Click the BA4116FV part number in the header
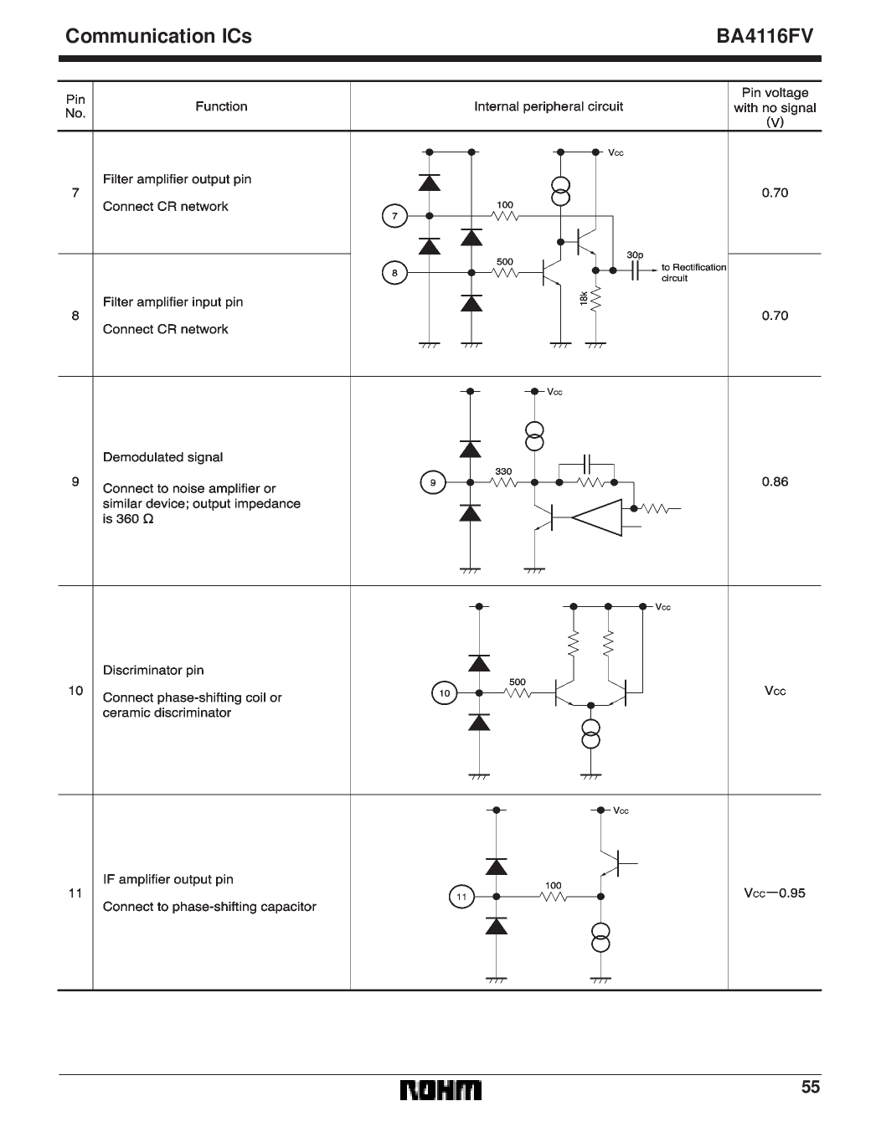click(x=765, y=37)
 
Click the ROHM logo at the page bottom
click(x=440, y=1090)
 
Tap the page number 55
click(x=810, y=1087)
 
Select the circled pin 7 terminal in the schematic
click(x=394, y=216)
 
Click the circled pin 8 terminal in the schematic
click(x=394, y=272)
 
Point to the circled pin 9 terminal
click(x=432, y=482)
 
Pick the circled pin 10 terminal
click(x=445, y=692)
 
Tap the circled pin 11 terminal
click(x=461, y=897)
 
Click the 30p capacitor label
click(x=634, y=255)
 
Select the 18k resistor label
click(x=584, y=299)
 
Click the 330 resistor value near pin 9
click(x=503, y=471)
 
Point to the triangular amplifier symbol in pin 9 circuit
click(x=598, y=519)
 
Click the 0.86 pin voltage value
click(x=775, y=481)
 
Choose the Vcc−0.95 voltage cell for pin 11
click(x=775, y=893)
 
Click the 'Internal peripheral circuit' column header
click(x=549, y=106)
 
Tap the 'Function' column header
click(x=221, y=106)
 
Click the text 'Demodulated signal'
click(x=162, y=457)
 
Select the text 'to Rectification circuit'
click(x=693, y=272)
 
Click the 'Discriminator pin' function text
click(x=153, y=670)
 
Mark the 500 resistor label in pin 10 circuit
click(x=518, y=682)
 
